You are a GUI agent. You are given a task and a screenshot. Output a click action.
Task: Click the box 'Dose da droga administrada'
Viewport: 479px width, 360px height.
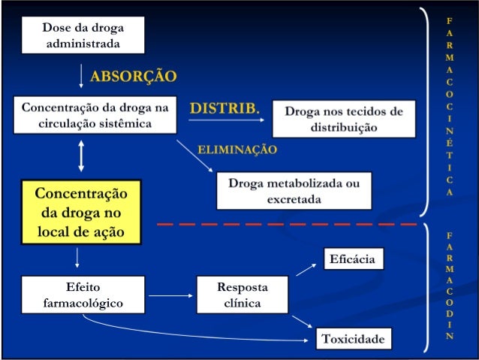pyautogui.click(x=83, y=35)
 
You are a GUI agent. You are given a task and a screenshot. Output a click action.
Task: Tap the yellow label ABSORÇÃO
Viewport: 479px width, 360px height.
pyautogui.click(x=133, y=76)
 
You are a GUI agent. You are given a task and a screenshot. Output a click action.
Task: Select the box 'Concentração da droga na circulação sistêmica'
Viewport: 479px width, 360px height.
pyautogui.click(x=94, y=116)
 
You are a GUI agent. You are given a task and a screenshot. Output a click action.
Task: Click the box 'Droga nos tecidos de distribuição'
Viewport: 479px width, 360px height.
pyautogui.click(x=343, y=119)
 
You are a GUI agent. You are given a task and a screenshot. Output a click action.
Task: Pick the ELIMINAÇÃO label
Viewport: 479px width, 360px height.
pyautogui.click(x=237, y=150)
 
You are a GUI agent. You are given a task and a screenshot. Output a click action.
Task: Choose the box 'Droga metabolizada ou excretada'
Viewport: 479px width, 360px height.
pyautogui.click(x=294, y=191)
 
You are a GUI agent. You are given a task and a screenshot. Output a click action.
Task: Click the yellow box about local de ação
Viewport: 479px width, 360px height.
pyautogui.click(x=81, y=212)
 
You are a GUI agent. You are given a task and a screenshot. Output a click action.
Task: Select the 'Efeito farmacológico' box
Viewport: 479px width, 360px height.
pyautogui.click(x=83, y=295)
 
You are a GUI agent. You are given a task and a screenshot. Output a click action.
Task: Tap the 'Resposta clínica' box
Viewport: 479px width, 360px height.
pyautogui.click(x=242, y=295)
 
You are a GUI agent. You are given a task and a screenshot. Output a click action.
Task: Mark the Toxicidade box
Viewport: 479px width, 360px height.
pyautogui.click(x=352, y=339)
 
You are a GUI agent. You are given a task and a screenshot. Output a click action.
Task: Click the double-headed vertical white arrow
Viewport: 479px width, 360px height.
pyautogui.click(x=80, y=157)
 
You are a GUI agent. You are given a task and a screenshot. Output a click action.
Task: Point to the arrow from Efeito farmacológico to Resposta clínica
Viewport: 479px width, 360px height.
pyautogui.click(x=169, y=295)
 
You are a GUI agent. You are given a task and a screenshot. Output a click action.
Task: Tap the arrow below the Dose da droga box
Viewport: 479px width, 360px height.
pyautogui.click(x=81, y=76)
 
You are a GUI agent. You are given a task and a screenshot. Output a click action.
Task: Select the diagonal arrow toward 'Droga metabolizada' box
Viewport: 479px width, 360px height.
pyautogui.click(x=195, y=156)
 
